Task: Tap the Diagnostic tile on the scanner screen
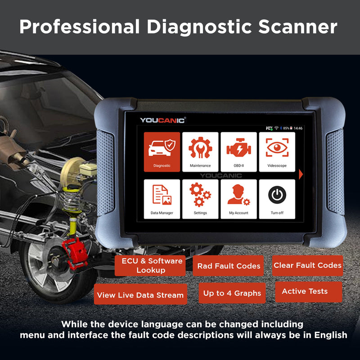tap(162, 152)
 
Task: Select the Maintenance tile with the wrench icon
tap(200, 152)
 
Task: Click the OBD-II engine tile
tap(238, 152)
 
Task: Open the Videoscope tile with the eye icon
tap(277, 152)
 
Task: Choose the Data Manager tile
tap(162, 199)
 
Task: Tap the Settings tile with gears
tap(200, 199)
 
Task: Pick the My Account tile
tap(238, 199)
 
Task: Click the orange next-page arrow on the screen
tap(301, 174)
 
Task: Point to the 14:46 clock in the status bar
tap(298, 128)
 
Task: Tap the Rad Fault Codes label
tap(229, 266)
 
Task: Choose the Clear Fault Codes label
tap(307, 265)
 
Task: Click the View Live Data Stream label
tap(140, 295)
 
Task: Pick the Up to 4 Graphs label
tap(232, 293)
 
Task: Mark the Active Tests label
tap(305, 291)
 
